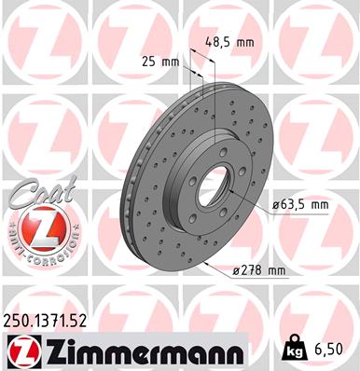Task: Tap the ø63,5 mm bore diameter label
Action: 299,204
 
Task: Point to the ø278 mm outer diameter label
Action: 257,270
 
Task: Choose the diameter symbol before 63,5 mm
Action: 276,204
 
